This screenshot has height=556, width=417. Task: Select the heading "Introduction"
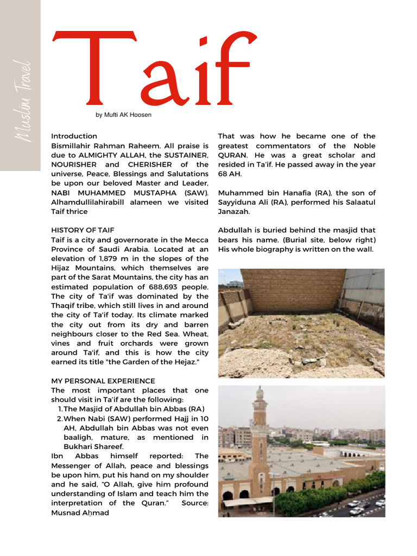click(74, 136)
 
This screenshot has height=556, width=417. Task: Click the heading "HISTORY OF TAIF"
click(83, 230)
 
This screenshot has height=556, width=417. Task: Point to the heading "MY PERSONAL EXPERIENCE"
click(103, 381)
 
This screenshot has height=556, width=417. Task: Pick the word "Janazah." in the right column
click(235, 212)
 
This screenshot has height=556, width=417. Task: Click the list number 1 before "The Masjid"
click(60, 409)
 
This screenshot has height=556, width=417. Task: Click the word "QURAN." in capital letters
click(232, 155)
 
